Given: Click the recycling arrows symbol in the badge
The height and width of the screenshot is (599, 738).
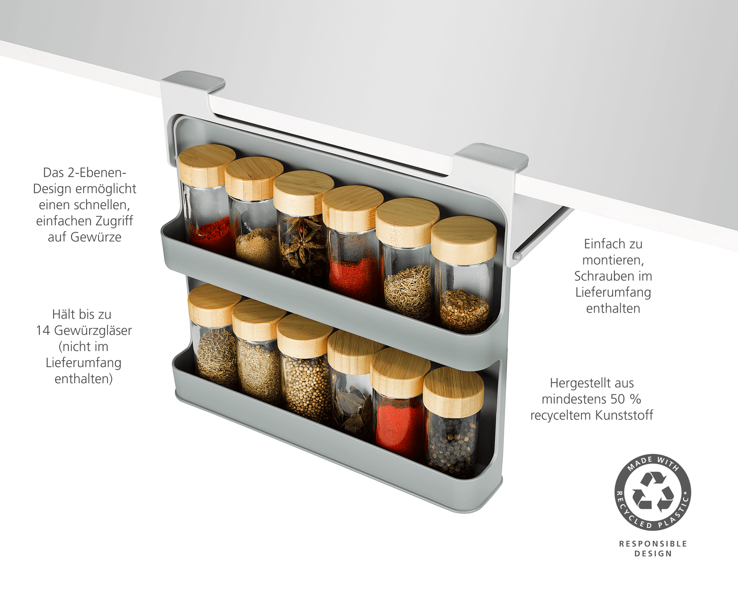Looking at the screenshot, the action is tap(653, 492).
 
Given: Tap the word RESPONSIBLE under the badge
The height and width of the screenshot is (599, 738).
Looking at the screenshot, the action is tap(653, 544).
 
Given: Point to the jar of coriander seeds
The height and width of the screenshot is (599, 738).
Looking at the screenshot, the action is tap(305, 365).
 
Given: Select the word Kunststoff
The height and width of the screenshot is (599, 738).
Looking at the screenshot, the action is tap(624, 415).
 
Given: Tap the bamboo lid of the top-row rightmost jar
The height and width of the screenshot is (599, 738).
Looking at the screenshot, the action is tap(464, 240).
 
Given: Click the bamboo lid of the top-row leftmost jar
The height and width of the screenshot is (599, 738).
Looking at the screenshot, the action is tap(207, 165).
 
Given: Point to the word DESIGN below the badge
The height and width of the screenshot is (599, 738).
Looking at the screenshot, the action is tap(653, 553).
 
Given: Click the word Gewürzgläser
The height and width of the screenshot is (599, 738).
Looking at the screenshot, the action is tap(93, 330).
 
